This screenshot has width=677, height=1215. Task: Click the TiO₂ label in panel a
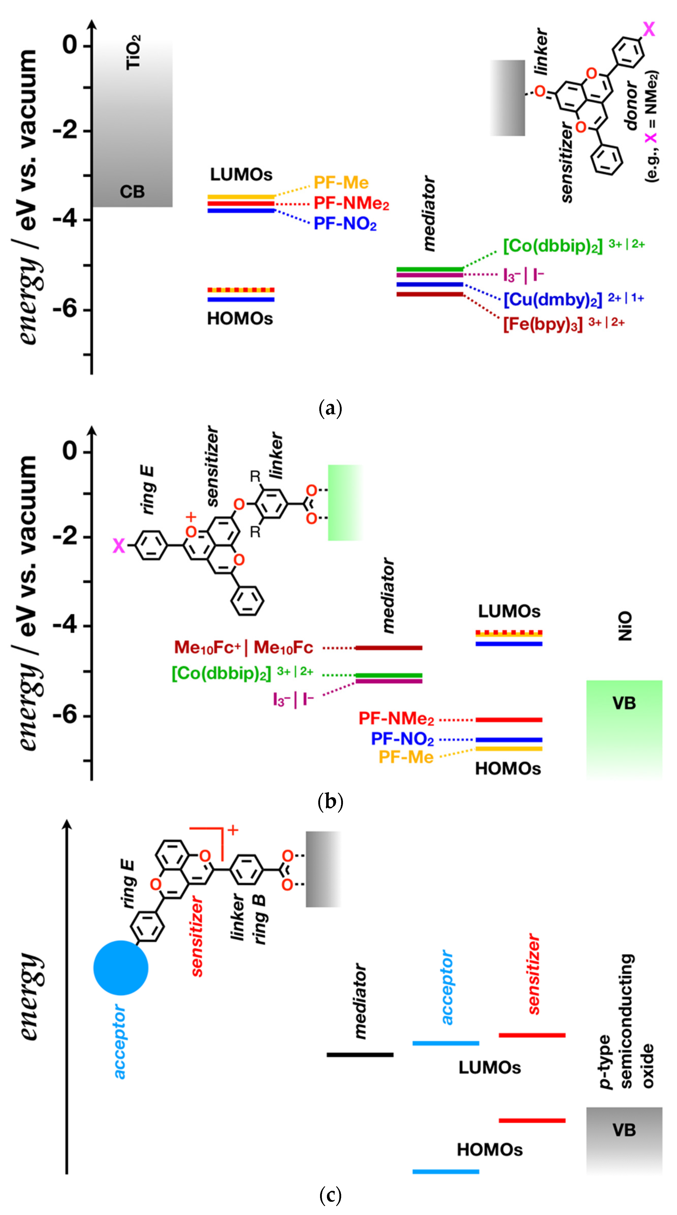coord(133,53)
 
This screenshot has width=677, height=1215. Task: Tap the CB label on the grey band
coord(132,192)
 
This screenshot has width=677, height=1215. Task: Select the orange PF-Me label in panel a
coord(341,182)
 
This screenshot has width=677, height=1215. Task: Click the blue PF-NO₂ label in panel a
coord(345,224)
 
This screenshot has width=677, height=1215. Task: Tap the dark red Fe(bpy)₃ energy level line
coord(429,294)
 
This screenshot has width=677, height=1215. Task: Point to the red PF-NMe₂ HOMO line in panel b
coord(509,720)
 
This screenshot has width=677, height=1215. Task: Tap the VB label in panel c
coord(624,1130)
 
